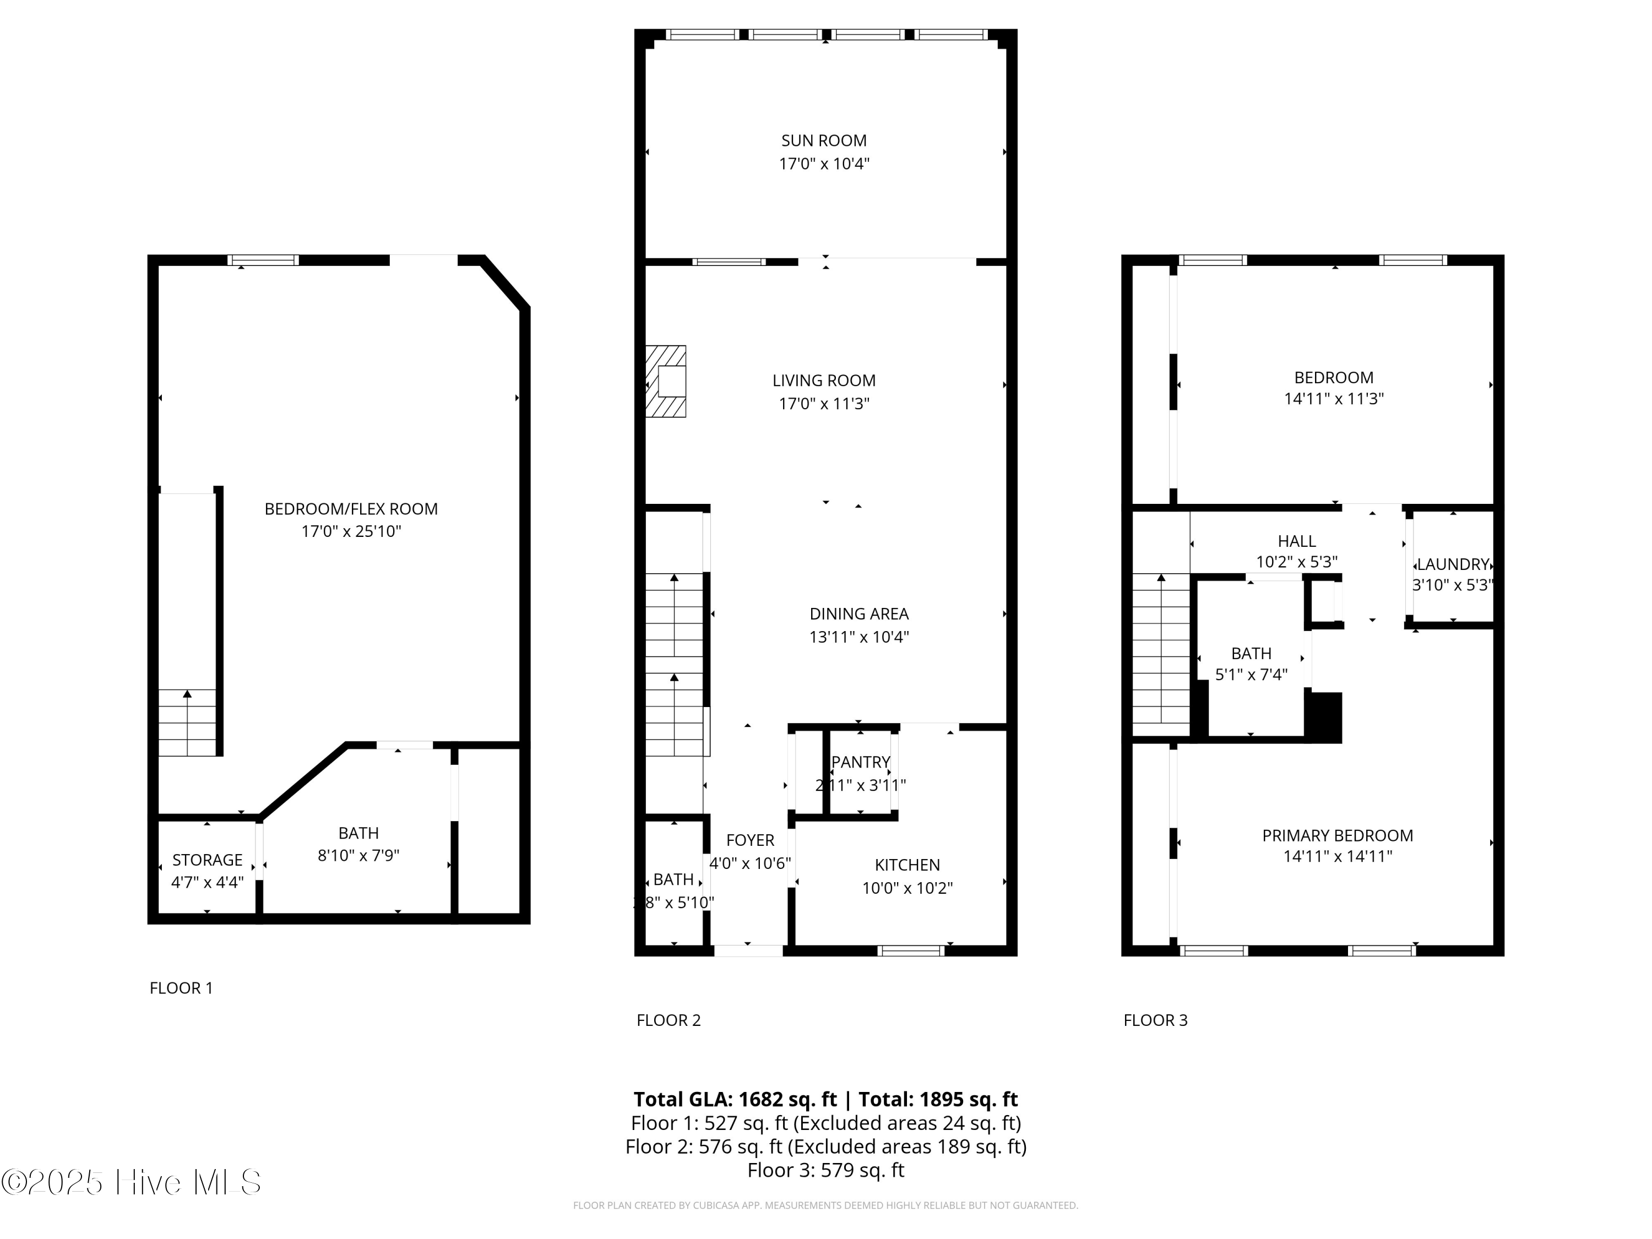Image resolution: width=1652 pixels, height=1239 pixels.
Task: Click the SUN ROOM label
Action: pos(824,140)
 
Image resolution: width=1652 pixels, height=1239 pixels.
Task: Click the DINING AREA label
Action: pos(859,614)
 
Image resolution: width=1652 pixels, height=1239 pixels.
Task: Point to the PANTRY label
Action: pos(860,762)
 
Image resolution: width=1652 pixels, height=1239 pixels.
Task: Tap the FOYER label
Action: pos(750,840)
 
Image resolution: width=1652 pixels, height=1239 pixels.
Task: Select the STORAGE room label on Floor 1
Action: pos(207,860)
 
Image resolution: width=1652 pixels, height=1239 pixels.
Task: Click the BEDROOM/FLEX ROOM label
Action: pos(351,509)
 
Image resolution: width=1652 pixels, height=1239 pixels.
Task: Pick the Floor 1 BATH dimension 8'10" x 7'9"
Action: pos(358,855)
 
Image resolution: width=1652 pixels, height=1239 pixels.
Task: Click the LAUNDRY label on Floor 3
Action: pos(1453,564)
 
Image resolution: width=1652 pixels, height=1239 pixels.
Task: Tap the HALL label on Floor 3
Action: pos(1296,541)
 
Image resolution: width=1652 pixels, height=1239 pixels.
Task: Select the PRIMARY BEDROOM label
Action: pos(1337,836)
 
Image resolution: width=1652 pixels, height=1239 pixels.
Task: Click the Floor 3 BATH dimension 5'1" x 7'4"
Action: pos(1251,675)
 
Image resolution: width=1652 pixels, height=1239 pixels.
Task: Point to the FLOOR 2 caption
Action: pos(669,1020)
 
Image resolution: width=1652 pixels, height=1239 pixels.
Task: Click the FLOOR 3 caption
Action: pos(1155,1020)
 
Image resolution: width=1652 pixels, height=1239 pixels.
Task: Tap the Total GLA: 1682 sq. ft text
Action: pos(735,1099)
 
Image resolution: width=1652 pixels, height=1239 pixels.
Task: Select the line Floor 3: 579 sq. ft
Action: pos(825,1170)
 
